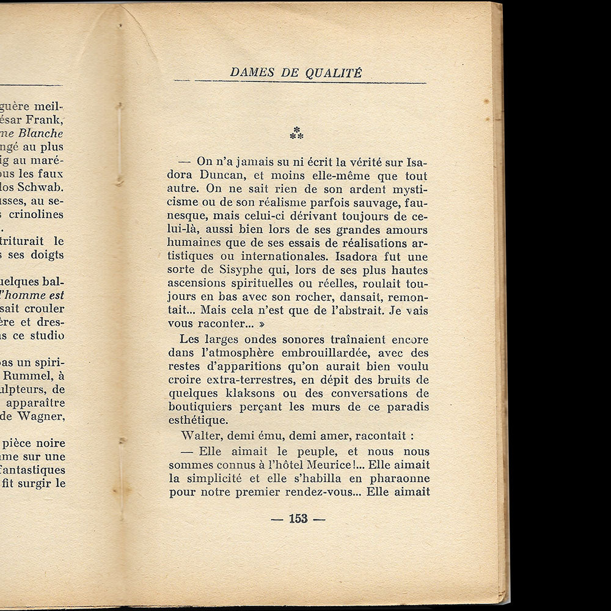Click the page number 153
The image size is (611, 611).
pos(298,519)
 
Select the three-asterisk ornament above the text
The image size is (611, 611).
pos(297,133)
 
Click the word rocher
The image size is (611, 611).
pos(299,298)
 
